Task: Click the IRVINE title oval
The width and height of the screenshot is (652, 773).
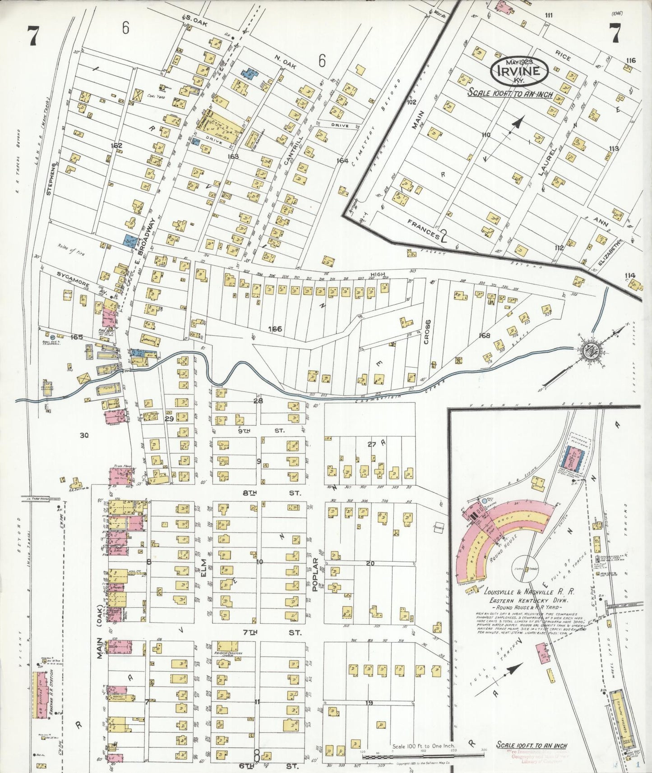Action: click(519, 71)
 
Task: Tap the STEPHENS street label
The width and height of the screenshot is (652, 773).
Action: click(51, 179)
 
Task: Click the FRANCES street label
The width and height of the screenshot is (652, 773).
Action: click(423, 229)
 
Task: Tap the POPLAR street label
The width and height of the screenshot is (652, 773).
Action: click(315, 574)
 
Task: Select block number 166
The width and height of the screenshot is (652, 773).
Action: click(275, 329)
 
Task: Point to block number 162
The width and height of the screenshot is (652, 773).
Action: click(116, 146)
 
